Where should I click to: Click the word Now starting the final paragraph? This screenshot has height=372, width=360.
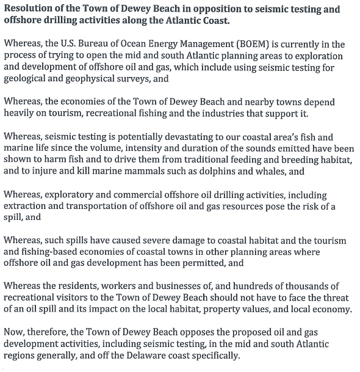14,332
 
